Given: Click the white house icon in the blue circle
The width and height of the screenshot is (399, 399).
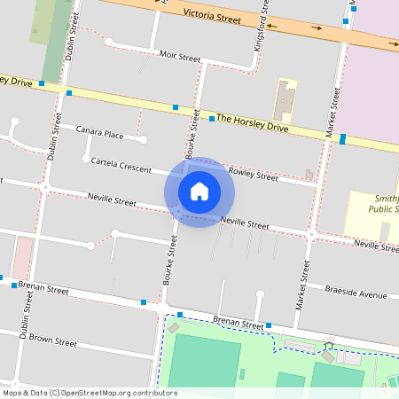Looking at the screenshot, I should (x=199, y=192).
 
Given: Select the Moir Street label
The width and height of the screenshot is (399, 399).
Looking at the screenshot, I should (x=180, y=56).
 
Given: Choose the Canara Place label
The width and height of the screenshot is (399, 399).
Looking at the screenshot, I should (x=99, y=133).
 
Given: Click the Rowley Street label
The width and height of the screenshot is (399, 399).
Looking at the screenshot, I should (x=253, y=174).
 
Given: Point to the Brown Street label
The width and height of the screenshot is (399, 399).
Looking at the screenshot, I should (x=54, y=340).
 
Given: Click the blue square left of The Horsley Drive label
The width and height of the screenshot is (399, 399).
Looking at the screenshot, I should (x=211, y=117).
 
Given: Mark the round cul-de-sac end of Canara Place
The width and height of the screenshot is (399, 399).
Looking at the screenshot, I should (x=143, y=139).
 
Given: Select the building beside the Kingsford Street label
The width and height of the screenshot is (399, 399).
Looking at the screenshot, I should (x=285, y=101).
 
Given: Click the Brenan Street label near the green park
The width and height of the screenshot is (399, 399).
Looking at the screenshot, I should (x=239, y=325).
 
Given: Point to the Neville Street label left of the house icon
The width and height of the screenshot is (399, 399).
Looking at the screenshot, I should (x=112, y=200).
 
